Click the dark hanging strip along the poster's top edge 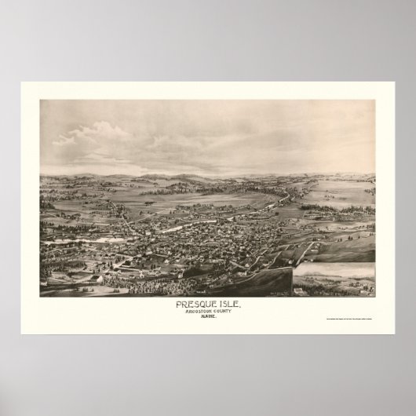click(208, 84)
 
